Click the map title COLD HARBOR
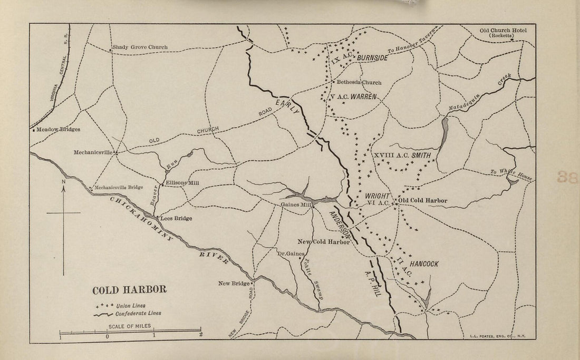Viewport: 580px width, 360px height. [x=129, y=290]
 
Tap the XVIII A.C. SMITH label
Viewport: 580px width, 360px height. [x=402, y=155]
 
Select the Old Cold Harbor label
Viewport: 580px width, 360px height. [x=423, y=201]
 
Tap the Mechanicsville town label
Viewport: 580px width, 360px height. [x=94, y=152]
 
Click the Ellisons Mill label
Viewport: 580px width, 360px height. [x=182, y=183]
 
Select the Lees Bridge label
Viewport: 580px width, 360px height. [x=176, y=218]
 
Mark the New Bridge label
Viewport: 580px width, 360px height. [x=234, y=284]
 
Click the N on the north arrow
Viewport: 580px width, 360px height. [x=63, y=183]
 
